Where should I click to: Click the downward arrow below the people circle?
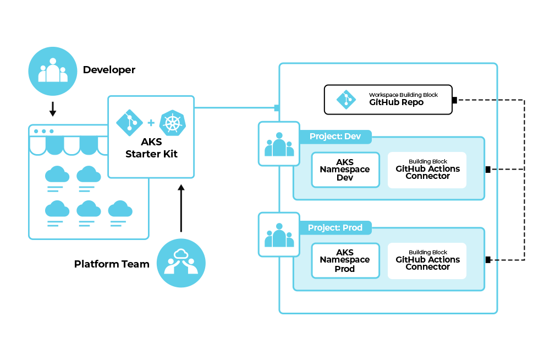53,108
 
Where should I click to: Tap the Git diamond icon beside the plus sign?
130,123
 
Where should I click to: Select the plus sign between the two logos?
151,123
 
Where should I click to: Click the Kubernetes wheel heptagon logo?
172,123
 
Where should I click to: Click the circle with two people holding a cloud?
181,263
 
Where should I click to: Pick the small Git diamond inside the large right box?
346,100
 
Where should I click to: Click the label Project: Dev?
335,136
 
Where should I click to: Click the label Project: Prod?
335,227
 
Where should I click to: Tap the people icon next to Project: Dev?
279,144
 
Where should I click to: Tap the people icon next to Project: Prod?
279,234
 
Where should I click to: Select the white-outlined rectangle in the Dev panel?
427,170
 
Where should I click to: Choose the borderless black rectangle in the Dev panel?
345,170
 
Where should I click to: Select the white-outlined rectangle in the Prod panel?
427,261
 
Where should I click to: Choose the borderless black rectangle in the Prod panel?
345,261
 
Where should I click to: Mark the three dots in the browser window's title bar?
44,131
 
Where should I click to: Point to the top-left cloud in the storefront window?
57,175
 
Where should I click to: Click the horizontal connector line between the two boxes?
235,108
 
